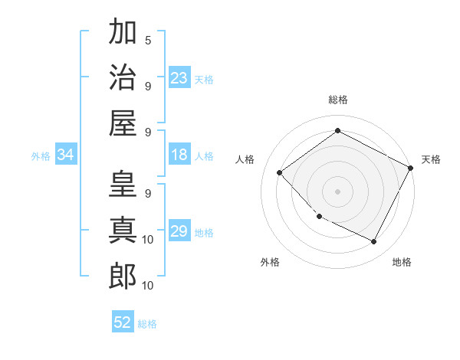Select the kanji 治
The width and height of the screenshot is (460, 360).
(123, 77)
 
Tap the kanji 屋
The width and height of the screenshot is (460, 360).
(123, 123)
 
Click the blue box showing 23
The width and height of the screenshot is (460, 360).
(179, 78)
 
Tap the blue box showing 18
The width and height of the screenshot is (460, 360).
(179, 155)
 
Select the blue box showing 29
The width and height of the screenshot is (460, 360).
(179, 232)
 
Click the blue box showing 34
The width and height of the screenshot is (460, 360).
(66, 155)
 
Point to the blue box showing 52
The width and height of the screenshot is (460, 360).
(123, 322)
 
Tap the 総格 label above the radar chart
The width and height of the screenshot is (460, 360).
(337, 100)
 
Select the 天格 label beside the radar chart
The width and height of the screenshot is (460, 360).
(431, 159)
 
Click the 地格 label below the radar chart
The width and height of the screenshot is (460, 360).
(402, 262)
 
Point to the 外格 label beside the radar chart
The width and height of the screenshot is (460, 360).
(270, 262)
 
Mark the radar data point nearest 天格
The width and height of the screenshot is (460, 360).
(411, 169)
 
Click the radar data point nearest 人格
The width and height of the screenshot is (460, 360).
(280, 172)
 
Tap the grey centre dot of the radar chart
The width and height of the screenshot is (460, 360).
(337, 191)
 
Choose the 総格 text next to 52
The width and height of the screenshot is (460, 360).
(147, 324)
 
